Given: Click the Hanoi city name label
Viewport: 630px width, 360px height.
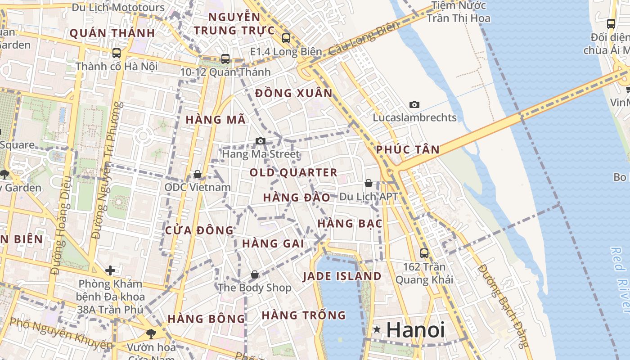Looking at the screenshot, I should coord(415,330).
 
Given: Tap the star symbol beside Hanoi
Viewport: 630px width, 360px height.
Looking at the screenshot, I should coord(377,330).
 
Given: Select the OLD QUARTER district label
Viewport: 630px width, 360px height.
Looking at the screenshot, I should coord(293,172).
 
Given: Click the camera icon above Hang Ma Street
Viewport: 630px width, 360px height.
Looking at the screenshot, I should coord(260,141).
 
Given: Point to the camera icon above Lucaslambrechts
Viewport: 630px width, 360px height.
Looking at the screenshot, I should coord(414,105).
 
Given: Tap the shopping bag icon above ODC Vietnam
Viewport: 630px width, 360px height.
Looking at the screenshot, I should coord(197,174).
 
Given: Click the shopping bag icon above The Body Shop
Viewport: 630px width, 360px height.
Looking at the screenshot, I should coord(255,274).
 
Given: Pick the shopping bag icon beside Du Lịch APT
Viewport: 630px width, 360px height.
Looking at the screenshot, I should coord(368,183).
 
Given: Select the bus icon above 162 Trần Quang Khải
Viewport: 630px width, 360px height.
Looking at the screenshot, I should coord(424,253).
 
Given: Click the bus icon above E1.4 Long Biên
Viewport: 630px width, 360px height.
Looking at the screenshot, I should coord(286,38).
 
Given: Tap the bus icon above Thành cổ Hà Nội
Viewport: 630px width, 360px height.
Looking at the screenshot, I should coord(117,53).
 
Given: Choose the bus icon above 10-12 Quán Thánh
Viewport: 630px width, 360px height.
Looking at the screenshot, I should coord(225,59).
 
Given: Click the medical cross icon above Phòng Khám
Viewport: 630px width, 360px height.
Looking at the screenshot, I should coord(110,270).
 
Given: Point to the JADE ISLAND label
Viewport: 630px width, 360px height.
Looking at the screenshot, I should coord(342,276).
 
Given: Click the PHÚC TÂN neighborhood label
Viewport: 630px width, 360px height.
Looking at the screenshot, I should coord(408,150).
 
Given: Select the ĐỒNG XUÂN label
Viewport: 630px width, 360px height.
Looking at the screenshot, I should coord(293,94).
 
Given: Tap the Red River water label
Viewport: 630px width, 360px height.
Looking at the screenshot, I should coord(621,279).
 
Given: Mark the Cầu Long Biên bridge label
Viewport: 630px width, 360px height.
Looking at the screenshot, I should coord(364,39).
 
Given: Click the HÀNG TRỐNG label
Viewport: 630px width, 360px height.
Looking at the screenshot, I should coord(304,315).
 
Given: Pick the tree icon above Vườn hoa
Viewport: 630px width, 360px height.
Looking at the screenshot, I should coord(151,333).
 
